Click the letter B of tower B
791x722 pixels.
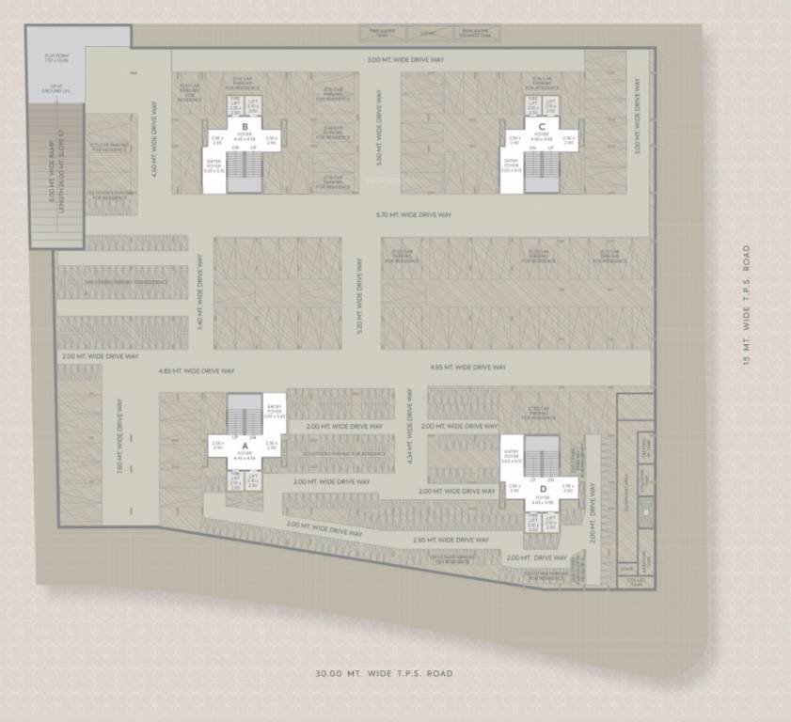click(245, 126)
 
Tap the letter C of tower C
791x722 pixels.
click(542, 126)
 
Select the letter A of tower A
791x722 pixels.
click(245, 446)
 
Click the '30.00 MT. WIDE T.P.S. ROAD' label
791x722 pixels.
click(385, 673)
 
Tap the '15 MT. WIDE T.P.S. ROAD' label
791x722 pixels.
click(746, 306)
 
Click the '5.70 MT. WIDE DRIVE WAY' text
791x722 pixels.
click(413, 215)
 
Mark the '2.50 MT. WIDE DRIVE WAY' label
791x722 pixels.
click(451, 541)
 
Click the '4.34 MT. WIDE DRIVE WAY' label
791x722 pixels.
click(410, 428)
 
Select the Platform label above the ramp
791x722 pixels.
click(56, 59)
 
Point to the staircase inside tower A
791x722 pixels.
click(245, 411)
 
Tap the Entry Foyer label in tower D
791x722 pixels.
click(512, 458)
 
